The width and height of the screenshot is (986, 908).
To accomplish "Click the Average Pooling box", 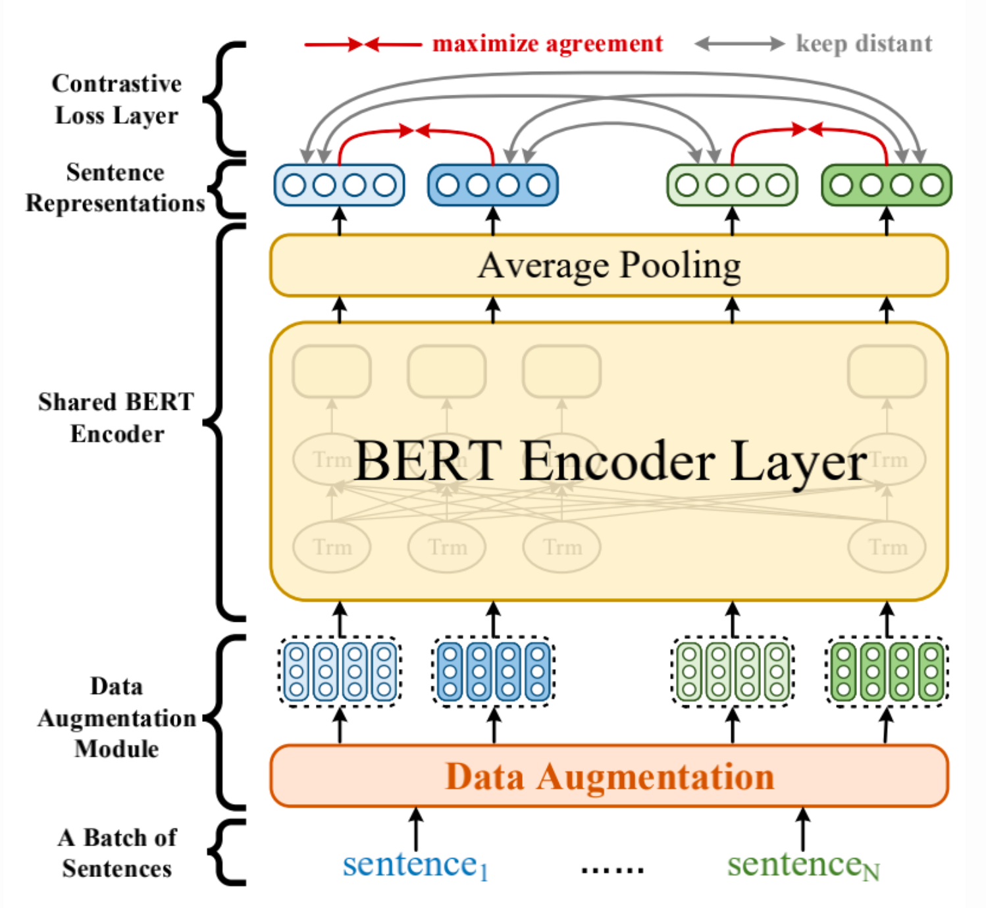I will (x=609, y=265).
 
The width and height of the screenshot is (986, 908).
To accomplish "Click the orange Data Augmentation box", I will (x=609, y=776).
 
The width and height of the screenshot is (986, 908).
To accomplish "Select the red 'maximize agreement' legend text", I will (x=547, y=43).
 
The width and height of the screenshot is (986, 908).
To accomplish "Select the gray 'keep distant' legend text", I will (x=864, y=43).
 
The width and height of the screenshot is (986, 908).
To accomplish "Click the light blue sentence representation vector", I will (x=339, y=185).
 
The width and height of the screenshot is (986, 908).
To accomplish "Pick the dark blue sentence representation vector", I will (x=493, y=185).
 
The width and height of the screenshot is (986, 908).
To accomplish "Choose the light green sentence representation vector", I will (x=732, y=185).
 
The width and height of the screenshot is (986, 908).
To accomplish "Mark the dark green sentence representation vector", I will (x=886, y=185).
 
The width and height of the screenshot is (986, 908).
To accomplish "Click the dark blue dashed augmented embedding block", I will (x=493, y=671).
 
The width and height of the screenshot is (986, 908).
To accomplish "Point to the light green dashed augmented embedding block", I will (x=732, y=671).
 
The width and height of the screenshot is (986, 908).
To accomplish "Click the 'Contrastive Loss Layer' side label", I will (x=117, y=99).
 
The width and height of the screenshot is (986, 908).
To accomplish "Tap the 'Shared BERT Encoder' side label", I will (x=117, y=417).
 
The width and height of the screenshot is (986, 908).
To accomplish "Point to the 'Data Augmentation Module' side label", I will (x=117, y=717).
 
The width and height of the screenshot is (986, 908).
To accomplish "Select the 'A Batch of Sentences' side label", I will (x=117, y=853).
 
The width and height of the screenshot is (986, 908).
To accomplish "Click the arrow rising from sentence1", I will (x=415, y=829).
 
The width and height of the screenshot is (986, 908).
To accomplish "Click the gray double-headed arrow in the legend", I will (x=739, y=44).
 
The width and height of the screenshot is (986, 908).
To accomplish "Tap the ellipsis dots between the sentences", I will (x=612, y=870).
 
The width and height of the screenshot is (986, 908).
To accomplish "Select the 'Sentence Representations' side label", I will (x=115, y=188).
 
